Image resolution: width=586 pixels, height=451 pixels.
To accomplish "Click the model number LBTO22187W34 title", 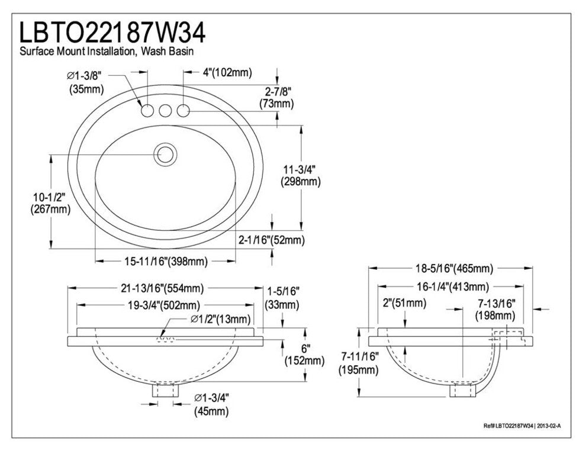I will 113,33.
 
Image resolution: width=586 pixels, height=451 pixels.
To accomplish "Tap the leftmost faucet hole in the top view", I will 146,111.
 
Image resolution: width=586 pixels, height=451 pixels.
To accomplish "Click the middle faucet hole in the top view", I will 165,111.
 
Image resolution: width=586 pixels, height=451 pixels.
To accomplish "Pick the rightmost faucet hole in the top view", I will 184,111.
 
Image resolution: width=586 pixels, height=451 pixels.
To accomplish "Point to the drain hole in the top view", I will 165,154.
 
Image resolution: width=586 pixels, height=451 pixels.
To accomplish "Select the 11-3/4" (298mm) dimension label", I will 300,175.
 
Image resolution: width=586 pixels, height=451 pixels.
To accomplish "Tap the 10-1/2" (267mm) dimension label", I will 50,202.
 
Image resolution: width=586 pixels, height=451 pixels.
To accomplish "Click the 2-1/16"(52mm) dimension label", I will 271,240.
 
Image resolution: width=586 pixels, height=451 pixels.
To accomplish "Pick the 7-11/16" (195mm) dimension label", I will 359,364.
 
